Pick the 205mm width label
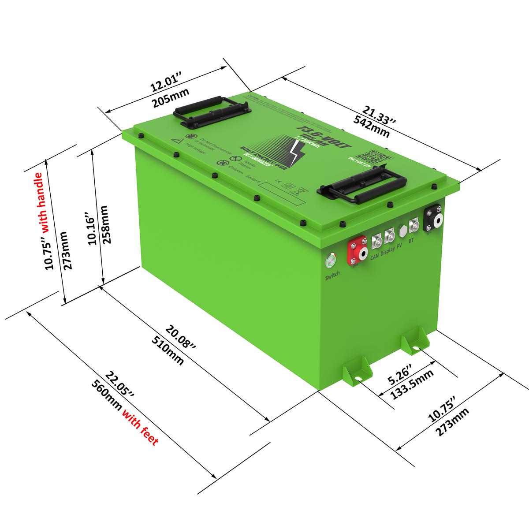click(x=170, y=98)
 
